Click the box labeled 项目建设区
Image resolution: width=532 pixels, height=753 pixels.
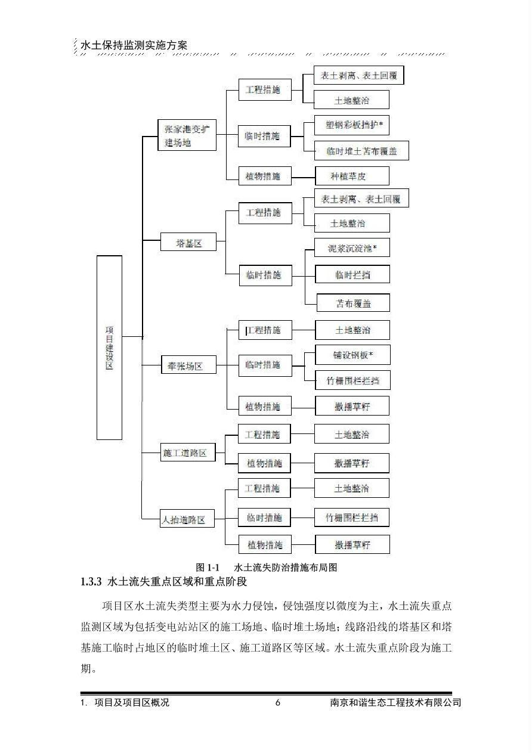109,348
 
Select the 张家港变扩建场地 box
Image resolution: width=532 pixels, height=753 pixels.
187,135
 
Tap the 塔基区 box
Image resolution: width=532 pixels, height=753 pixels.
188,241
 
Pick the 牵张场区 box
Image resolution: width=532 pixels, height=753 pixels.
188,365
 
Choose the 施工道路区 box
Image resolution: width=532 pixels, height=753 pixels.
188,452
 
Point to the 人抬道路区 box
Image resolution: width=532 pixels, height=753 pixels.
187,519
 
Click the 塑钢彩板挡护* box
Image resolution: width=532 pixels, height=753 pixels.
352,125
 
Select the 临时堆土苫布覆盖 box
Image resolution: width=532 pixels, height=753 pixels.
361,151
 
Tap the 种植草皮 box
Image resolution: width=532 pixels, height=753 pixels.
352,176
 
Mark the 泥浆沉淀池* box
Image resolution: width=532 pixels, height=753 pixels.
352,248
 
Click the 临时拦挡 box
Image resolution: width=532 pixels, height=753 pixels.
352,274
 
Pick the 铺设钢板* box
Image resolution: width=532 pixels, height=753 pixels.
352,355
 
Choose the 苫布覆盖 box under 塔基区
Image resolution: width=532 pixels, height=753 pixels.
354,303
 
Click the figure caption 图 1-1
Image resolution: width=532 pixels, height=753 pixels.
208,568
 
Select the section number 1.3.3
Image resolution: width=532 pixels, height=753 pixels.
91,581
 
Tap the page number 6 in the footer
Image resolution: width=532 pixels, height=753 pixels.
278,702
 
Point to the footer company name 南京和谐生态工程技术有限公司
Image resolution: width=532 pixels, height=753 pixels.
395,702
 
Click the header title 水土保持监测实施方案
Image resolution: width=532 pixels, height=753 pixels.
134,45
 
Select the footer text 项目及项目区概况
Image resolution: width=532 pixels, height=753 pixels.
132,702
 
